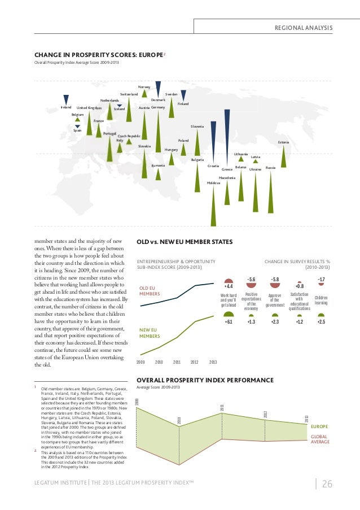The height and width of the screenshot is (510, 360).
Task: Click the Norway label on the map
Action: pos(144,86)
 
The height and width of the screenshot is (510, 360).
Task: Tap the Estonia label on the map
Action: pos(283,142)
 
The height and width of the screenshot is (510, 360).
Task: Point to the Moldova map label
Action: pos(213,183)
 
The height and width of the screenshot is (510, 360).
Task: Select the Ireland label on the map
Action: pos(66,107)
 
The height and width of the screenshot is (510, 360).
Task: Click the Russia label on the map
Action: pos(270,168)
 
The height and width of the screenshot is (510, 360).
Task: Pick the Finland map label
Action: pos(183,104)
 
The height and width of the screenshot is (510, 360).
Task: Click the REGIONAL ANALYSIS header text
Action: pos(304,28)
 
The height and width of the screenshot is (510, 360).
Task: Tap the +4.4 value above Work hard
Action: pos(229,286)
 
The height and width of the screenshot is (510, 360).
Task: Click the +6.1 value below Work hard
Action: pos(229,321)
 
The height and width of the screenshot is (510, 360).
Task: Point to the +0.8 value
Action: pos(300,286)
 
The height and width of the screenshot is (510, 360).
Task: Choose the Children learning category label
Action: pos(321,300)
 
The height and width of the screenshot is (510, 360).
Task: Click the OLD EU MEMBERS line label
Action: pos(150,291)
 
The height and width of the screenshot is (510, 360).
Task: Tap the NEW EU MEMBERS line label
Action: pos(150,333)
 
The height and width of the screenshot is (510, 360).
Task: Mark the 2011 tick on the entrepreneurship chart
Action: pos(177,361)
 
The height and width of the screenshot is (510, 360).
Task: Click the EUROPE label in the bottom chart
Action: pos(319,427)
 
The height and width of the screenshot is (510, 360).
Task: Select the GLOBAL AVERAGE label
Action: pos(320,439)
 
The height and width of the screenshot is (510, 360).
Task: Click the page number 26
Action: pos(327,484)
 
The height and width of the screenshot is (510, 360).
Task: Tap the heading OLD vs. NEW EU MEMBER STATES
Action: pos(185,242)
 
